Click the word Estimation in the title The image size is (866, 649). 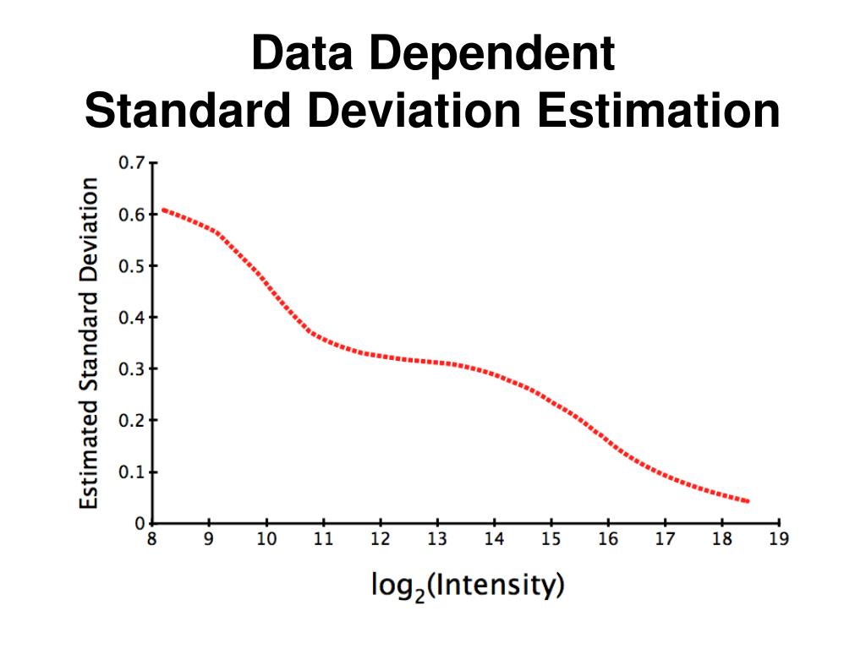(x=660, y=112)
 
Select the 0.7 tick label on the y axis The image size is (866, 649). (x=133, y=161)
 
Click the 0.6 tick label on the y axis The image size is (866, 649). (x=133, y=214)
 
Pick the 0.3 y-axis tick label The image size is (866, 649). (x=133, y=368)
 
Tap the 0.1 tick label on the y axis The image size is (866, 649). (x=133, y=472)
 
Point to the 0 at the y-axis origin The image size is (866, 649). (x=140, y=523)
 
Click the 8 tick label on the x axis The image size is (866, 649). (x=152, y=540)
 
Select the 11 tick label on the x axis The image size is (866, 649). (x=323, y=540)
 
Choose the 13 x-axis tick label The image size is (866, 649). (x=437, y=540)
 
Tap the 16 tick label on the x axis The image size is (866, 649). (x=608, y=540)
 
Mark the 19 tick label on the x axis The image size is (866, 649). (x=779, y=540)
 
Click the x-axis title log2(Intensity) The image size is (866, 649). (x=467, y=585)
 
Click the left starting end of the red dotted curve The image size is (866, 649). (x=163, y=209)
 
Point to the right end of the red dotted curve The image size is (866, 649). (x=748, y=501)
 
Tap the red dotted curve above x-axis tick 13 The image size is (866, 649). (x=437, y=363)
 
